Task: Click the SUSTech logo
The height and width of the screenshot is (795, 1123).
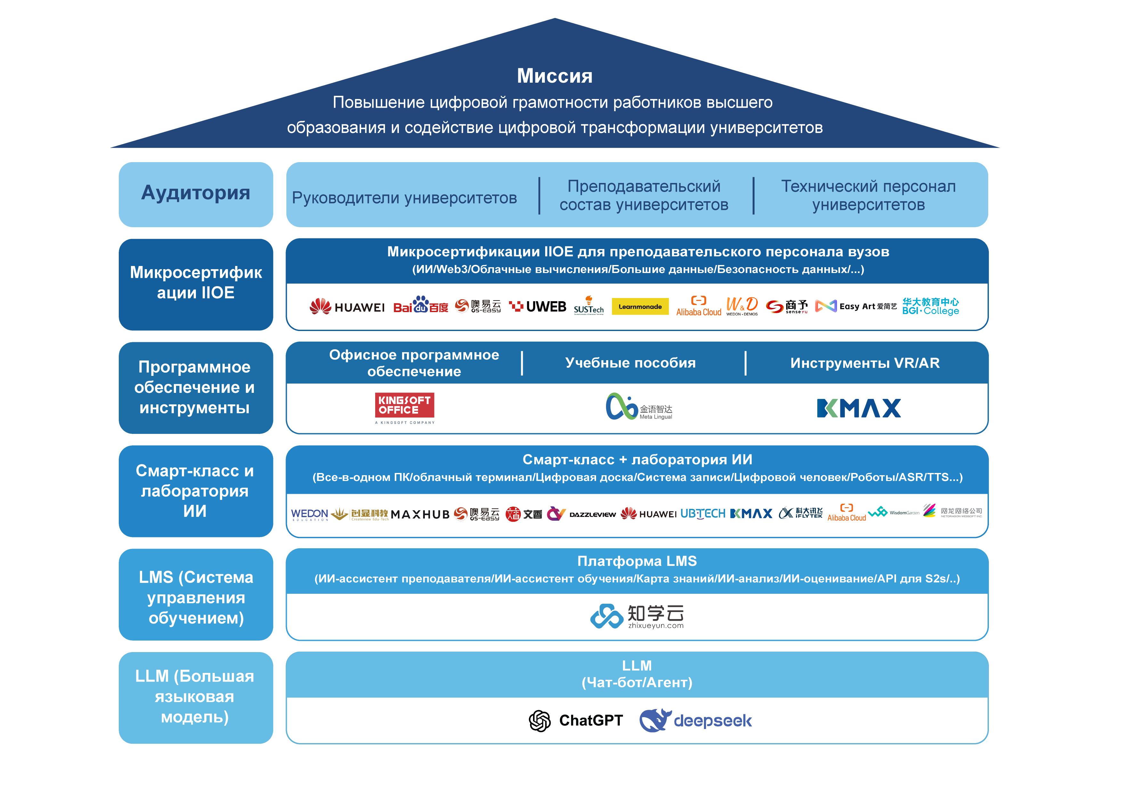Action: pyautogui.click(x=588, y=306)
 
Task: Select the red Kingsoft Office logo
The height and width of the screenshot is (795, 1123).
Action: pyautogui.click(x=405, y=406)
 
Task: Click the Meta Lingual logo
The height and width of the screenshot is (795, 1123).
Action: pyautogui.click(x=639, y=407)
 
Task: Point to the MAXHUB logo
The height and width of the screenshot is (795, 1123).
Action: pyautogui.click(x=420, y=514)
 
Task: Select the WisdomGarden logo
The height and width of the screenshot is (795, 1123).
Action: pyautogui.click(x=893, y=513)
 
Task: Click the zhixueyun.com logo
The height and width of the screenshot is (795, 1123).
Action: pyautogui.click(x=637, y=616)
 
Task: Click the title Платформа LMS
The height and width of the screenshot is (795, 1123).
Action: pyautogui.click(x=637, y=561)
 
